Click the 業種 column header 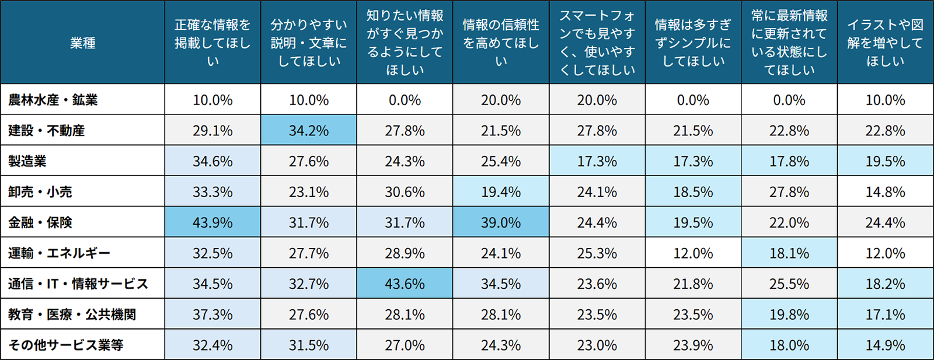coord(82,43)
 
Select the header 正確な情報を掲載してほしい coord(212,43)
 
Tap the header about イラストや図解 coord(885,43)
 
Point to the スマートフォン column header coord(597,43)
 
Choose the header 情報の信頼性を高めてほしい coord(501,43)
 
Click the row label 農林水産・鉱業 coord(53,100)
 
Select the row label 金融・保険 coord(40,222)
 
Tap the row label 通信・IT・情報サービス coord(78,284)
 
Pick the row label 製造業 coord(27,161)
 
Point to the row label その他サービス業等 coord(65,345)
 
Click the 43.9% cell coord(212,222)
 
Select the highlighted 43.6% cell coord(405,284)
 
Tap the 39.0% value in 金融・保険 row coord(501,222)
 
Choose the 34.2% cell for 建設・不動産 coord(309,131)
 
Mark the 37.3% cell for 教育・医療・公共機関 coord(212,314)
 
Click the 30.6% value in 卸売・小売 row coord(405,192)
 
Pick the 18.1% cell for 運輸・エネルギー coord(789,253)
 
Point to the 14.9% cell coord(885,345)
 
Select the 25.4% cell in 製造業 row coord(501,161)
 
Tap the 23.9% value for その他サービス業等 coord(693,345)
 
